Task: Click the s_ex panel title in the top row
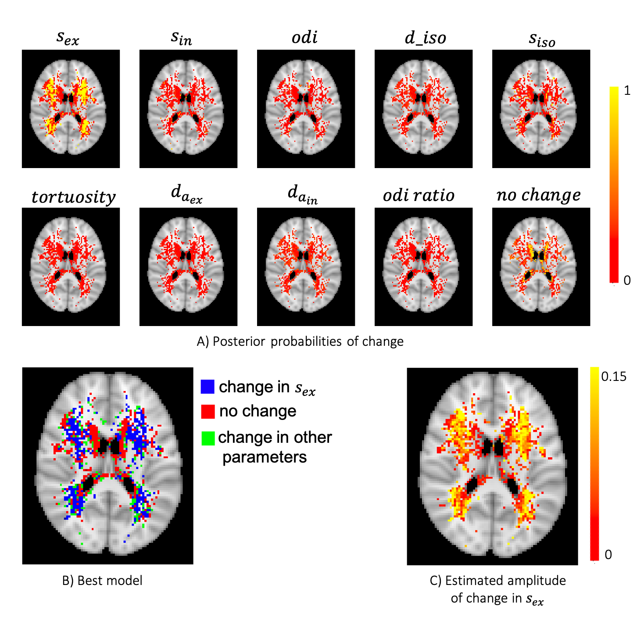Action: pyautogui.click(x=68, y=38)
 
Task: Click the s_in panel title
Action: pyautogui.click(x=181, y=38)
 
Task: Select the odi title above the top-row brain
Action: pyautogui.click(x=304, y=37)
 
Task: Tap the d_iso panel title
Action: pyautogui.click(x=425, y=38)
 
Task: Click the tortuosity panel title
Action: pyautogui.click(x=73, y=197)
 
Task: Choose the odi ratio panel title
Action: pyautogui.click(x=419, y=195)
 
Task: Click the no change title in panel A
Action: pyautogui.click(x=538, y=195)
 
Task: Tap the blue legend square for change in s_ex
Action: pyautogui.click(x=208, y=387)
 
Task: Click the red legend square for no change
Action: pyautogui.click(x=208, y=412)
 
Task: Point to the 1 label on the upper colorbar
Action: pyautogui.click(x=627, y=90)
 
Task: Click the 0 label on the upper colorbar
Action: pyautogui.click(x=627, y=280)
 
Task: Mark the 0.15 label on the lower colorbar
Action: pyautogui.click(x=614, y=377)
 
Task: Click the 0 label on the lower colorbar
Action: pyautogui.click(x=608, y=555)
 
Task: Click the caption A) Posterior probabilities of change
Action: pyautogui.click(x=300, y=341)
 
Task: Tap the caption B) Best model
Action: pyautogui.click(x=102, y=581)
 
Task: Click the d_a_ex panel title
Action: pyautogui.click(x=186, y=194)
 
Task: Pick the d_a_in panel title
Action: pyautogui.click(x=303, y=194)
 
